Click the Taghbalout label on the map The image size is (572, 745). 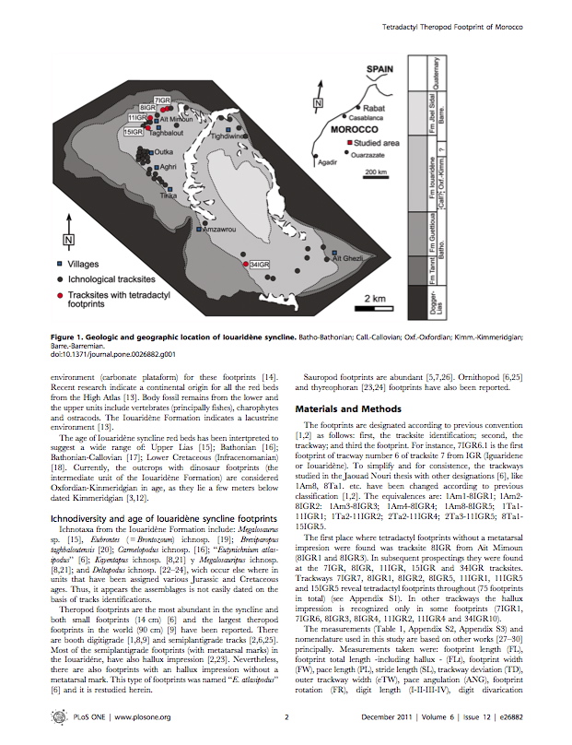click(x=167, y=132)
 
